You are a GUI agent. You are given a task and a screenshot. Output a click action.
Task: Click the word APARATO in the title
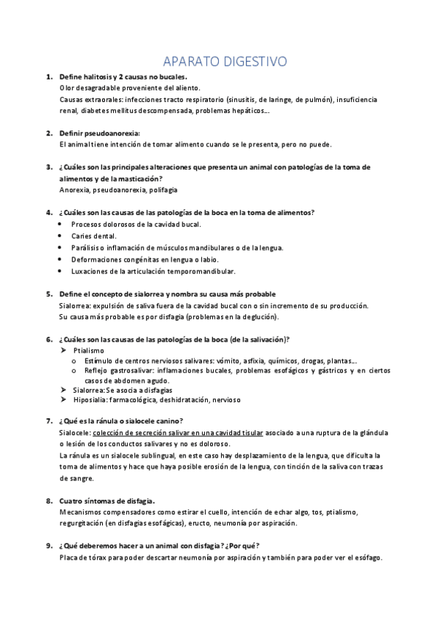[187, 60]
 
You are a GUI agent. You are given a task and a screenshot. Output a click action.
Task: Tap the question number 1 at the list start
[48, 77]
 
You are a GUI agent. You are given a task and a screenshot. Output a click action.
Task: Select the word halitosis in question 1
[107, 77]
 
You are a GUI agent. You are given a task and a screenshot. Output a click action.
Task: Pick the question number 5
[48, 294]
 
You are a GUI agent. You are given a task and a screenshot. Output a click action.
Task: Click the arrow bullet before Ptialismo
[63, 351]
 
